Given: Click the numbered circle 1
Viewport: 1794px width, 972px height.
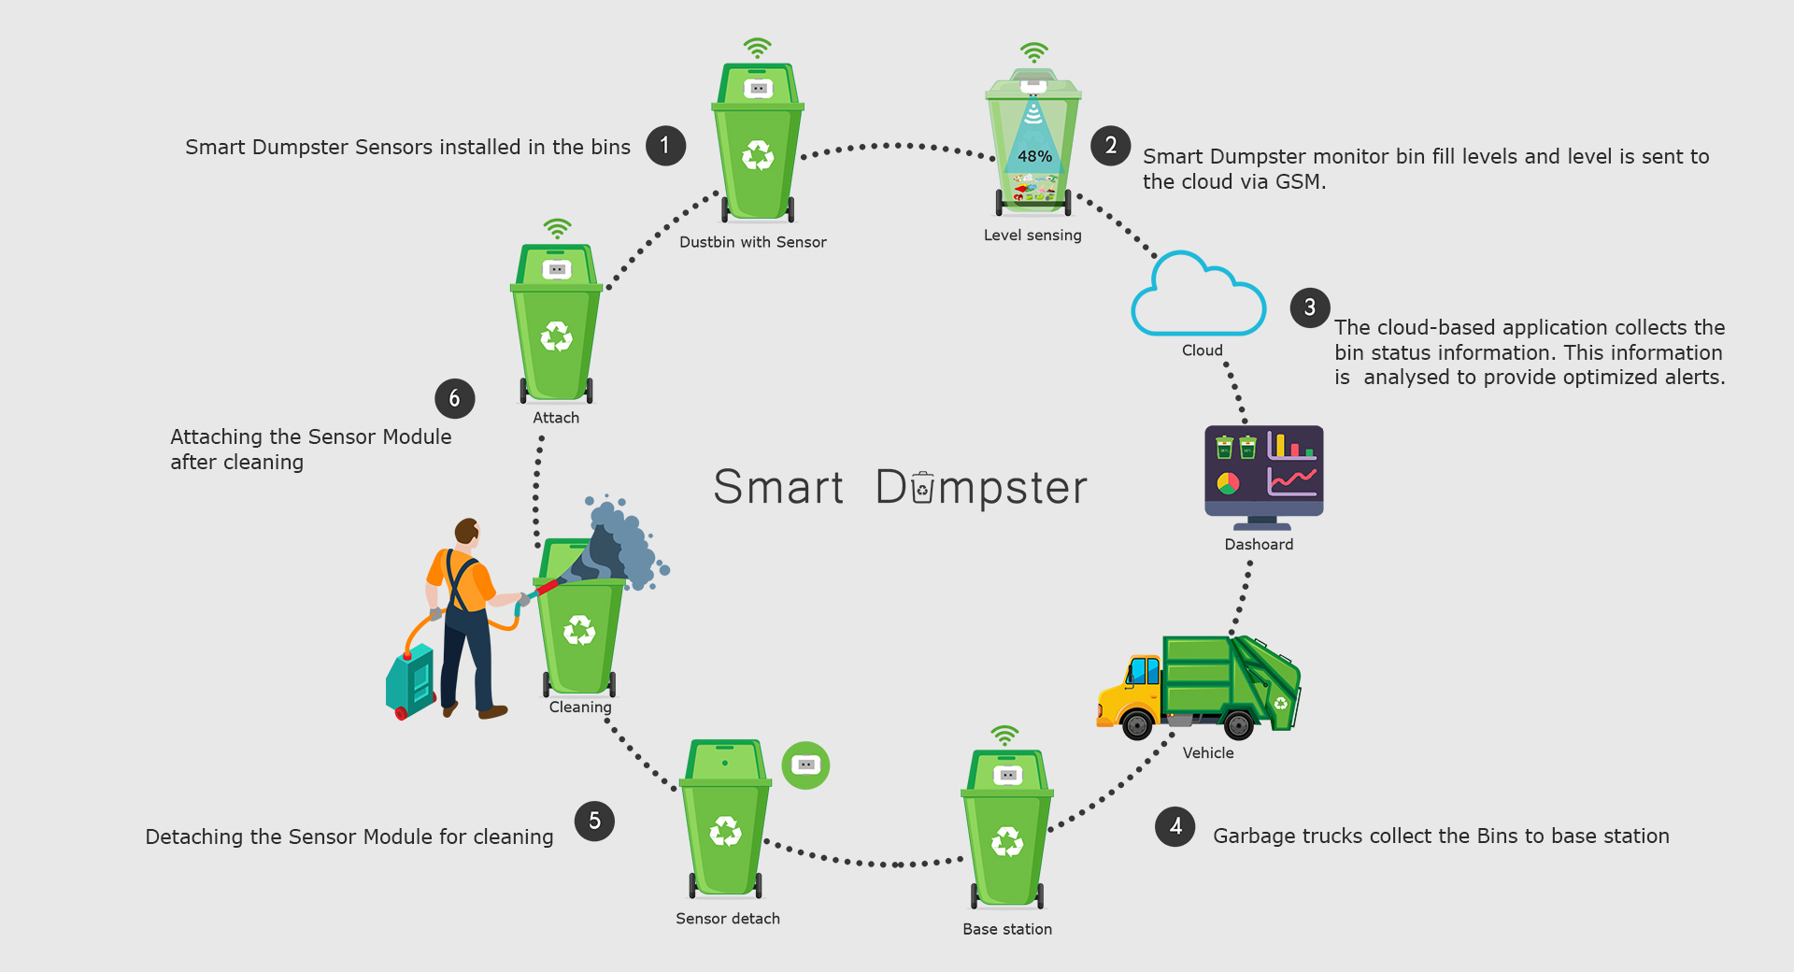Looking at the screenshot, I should click(x=665, y=146).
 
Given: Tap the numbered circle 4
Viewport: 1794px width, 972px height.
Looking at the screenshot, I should click(x=1175, y=826).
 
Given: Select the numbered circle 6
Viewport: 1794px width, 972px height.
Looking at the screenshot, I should click(x=454, y=398).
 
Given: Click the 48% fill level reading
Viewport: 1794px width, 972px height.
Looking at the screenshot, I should click(x=1034, y=156).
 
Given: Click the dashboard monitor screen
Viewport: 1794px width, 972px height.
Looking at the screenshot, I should click(x=1263, y=465).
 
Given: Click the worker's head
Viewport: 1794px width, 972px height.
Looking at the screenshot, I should click(x=467, y=532).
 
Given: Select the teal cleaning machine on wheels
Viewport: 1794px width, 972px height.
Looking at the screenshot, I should click(x=411, y=680).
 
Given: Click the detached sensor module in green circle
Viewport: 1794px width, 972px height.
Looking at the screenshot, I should click(x=805, y=765).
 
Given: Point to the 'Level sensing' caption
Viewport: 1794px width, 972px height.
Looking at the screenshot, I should click(x=1032, y=236).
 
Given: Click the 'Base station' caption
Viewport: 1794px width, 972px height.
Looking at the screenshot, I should click(x=1007, y=929).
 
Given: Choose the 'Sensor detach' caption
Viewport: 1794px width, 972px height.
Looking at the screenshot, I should click(x=728, y=919).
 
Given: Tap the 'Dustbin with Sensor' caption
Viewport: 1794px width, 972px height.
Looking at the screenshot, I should click(x=752, y=242).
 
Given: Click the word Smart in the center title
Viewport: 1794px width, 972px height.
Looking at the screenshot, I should click(x=778, y=487).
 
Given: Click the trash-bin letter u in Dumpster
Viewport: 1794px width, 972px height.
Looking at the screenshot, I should click(x=922, y=488).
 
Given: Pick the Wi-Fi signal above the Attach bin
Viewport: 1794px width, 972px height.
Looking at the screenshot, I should click(x=557, y=228).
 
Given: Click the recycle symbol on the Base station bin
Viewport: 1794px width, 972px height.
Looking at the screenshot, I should click(x=1006, y=841).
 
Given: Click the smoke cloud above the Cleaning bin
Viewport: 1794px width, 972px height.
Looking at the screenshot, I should click(x=621, y=542).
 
